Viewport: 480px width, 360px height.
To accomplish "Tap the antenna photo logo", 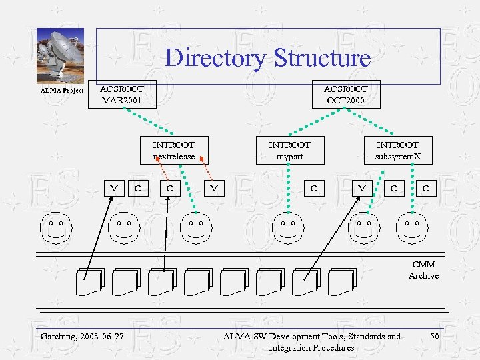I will [x=60, y=56].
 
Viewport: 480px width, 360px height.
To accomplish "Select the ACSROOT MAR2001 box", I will [x=121, y=95].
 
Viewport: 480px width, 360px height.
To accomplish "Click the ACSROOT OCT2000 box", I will [x=345, y=95].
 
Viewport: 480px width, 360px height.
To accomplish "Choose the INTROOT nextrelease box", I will [x=173, y=150].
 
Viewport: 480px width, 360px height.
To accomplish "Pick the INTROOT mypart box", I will [x=289, y=150].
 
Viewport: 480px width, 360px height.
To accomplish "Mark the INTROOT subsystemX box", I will [x=397, y=150].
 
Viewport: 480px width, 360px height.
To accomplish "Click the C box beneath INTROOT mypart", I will [x=313, y=189].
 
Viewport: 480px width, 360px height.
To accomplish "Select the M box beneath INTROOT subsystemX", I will [x=361, y=189].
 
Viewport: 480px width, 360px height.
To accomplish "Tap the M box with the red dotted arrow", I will [x=213, y=189].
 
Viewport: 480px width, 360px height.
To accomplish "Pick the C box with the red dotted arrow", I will [x=169, y=189].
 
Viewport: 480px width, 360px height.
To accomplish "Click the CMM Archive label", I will [x=423, y=270].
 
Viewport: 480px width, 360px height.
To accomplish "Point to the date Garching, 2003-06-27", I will [x=82, y=336].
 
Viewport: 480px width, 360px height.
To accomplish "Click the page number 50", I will [x=434, y=336].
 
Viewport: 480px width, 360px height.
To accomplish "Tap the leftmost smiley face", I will [x=55, y=228].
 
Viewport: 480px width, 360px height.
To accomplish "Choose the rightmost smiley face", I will [x=412, y=228].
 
